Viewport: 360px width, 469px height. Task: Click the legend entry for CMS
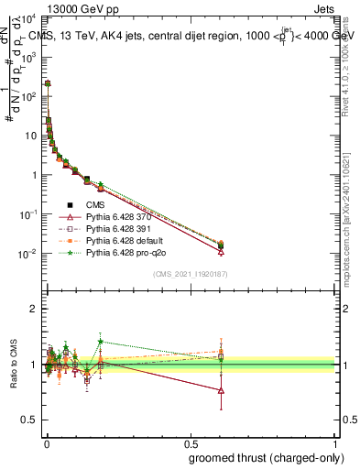coord(95,205)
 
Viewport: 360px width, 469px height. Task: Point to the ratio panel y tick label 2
coord(33,309)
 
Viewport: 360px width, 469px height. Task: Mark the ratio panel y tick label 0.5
coord(28,420)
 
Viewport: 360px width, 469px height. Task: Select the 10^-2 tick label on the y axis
coord(27,254)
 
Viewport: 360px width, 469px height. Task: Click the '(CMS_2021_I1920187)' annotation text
coord(191,273)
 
